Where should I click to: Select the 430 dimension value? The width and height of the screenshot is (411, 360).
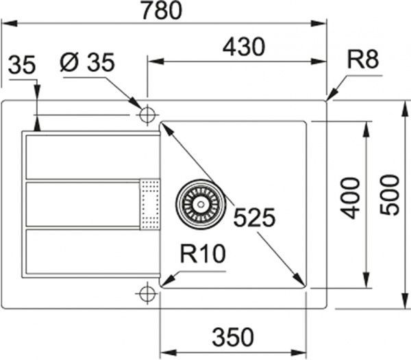[243, 48]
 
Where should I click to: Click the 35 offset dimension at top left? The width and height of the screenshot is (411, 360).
[22, 66]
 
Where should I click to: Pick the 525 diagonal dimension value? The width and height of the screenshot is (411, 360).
[253, 218]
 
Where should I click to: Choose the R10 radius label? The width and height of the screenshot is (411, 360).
[203, 255]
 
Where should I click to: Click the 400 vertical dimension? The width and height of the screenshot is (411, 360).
[350, 198]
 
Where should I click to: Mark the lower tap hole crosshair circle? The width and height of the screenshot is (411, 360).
[146, 294]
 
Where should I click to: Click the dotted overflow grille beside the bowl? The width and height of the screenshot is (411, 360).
[149, 203]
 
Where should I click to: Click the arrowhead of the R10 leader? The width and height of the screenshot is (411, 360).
[165, 281]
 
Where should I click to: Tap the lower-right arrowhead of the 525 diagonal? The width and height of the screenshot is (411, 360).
[301, 282]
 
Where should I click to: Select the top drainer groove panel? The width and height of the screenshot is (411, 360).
[82, 157]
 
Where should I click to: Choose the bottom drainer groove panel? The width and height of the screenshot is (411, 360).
[82, 253]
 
